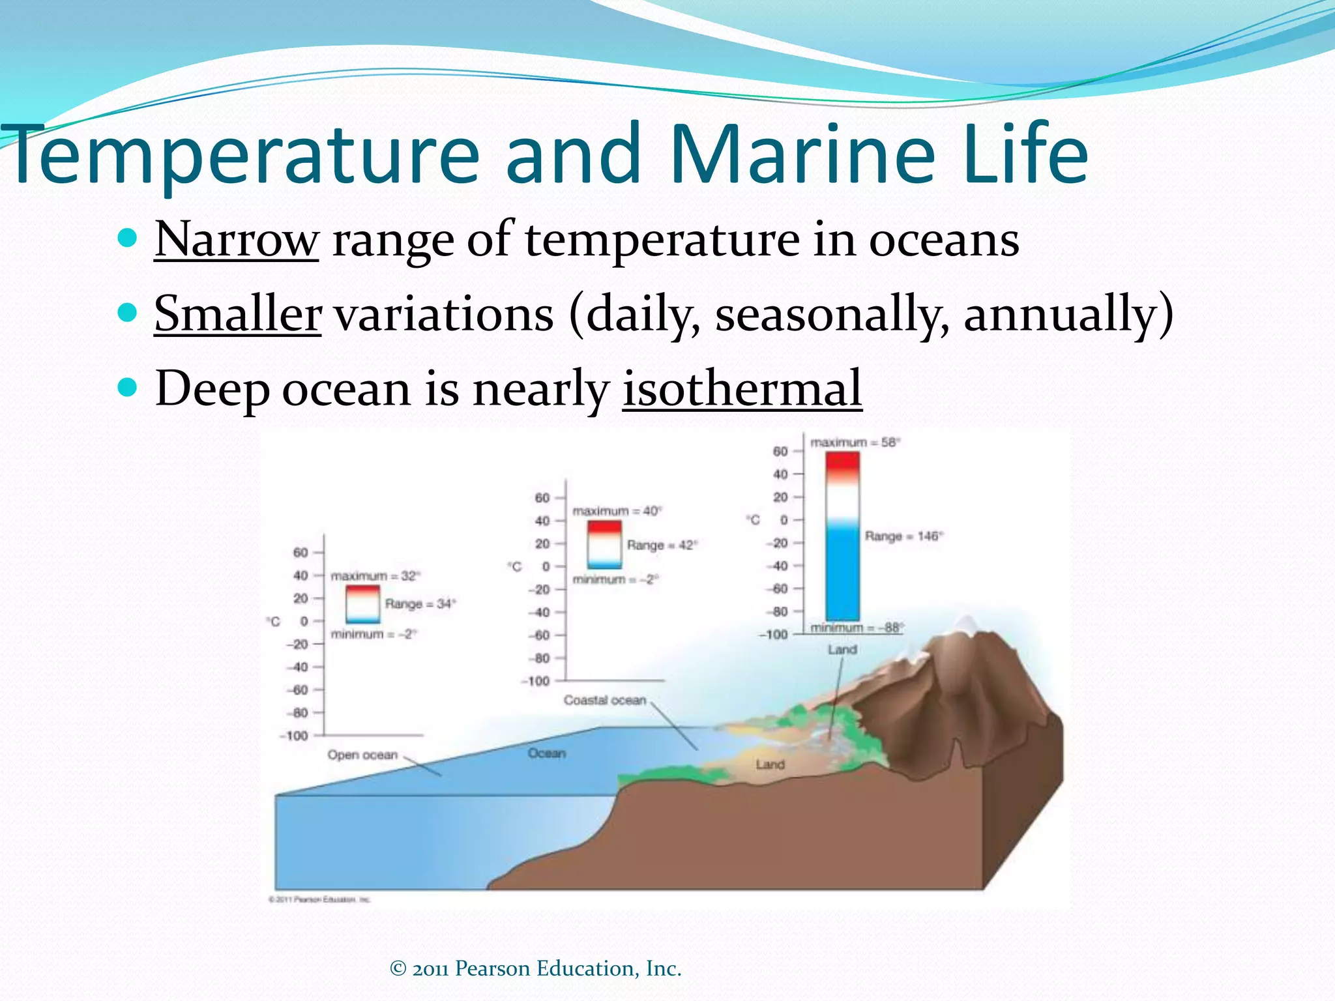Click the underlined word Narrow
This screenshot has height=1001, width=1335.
[x=236, y=240]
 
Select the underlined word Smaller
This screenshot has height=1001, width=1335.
[x=237, y=314]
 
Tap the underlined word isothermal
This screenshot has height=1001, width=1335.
[x=742, y=388]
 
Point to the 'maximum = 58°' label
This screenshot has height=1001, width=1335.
[x=855, y=442]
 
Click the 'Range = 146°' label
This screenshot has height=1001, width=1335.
[x=903, y=536]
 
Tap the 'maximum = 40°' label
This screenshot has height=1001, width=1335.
[x=617, y=511]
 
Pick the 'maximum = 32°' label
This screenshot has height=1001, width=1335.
[x=375, y=576]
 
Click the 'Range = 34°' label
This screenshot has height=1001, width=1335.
[x=420, y=604]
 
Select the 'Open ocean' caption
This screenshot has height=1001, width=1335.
[x=362, y=755]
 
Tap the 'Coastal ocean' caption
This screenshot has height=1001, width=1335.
[x=604, y=700]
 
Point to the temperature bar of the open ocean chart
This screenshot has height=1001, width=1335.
[x=362, y=604]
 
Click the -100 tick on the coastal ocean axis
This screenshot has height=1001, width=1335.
[x=536, y=681]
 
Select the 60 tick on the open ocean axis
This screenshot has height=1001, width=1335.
[x=300, y=553]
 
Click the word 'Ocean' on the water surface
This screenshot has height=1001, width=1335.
[x=546, y=753]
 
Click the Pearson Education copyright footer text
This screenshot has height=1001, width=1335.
[x=535, y=968]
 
